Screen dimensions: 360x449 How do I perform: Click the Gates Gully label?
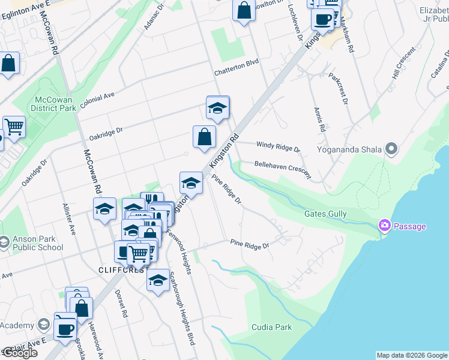point(325,214)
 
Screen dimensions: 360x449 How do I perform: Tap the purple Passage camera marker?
point(384,226)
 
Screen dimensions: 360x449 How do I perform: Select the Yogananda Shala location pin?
point(393,148)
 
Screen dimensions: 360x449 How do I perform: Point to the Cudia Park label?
point(271,327)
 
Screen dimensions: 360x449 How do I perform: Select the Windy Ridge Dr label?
point(277,146)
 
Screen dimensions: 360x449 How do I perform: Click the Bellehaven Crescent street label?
point(282,170)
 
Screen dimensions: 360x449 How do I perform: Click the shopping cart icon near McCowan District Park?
point(14,126)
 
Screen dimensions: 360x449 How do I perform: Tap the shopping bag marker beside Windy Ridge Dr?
point(204,136)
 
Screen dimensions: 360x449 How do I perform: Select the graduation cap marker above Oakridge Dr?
point(217,107)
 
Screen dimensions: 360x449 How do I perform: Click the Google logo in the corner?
point(19,353)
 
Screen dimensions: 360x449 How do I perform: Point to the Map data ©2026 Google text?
point(412,355)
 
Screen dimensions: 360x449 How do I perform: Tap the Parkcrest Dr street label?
point(339,89)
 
